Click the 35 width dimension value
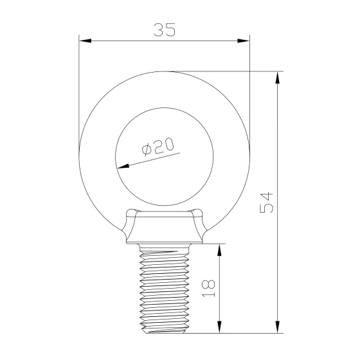point(164,30)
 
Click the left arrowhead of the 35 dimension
point(84,41)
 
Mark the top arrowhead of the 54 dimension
point(278,76)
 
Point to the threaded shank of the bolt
point(163,289)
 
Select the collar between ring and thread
point(163,228)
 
